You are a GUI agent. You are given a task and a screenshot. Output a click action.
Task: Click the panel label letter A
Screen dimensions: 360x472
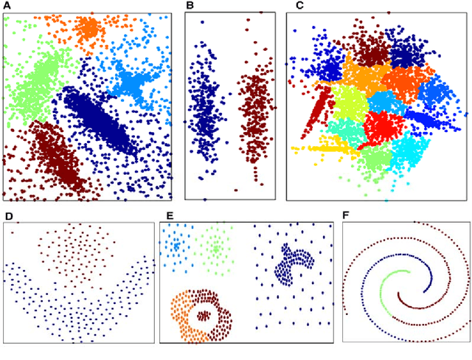coord(7,6)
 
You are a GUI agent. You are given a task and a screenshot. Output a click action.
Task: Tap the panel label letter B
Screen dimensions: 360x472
coord(190,6)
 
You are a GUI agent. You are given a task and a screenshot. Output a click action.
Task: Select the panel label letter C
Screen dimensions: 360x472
coord(299,6)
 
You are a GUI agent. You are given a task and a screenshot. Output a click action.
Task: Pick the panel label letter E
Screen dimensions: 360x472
coord(170,216)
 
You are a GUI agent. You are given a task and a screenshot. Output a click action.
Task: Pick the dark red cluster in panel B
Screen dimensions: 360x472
coord(254,114)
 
